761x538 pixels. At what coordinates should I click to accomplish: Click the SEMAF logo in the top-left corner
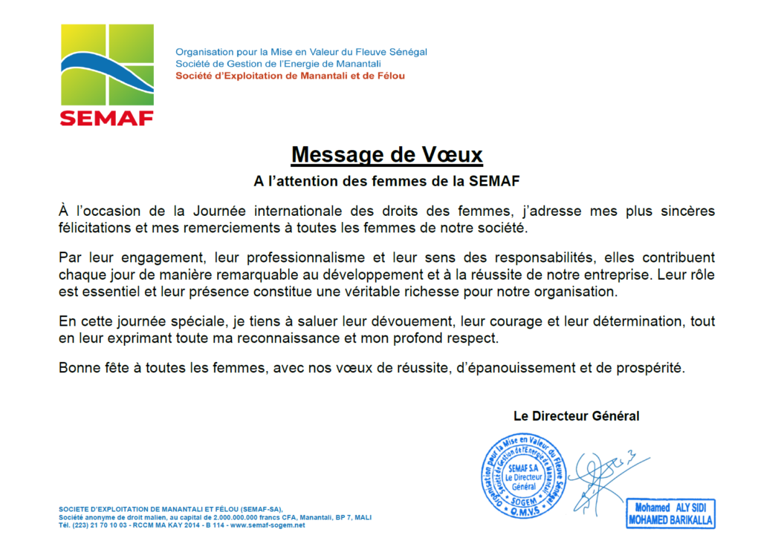(107, 74)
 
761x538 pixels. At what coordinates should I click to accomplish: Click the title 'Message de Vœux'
(386, 155)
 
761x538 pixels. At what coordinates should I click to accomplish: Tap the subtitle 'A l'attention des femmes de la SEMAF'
(386, 180)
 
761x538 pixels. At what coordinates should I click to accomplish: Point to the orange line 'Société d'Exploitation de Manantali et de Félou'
(290, 76)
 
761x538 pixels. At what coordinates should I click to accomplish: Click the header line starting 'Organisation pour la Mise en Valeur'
(301, 52)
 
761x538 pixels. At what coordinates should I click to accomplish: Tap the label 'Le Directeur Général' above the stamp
(576, 416)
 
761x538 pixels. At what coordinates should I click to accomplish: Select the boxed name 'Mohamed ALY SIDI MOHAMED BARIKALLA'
(670, 514)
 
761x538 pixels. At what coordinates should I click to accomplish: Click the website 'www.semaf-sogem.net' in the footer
(268, 525)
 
